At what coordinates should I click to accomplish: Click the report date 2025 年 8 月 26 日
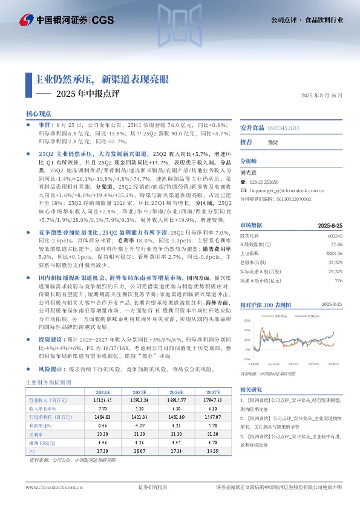tap(322, 96)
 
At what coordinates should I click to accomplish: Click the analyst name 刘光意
tap(249, 172)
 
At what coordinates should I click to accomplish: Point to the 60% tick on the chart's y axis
tap(247, 320)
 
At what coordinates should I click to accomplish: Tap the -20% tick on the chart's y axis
tap(247, 359)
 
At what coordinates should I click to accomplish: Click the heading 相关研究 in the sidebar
tap(251, 389)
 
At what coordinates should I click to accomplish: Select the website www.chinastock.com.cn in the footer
tap(54, 487)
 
